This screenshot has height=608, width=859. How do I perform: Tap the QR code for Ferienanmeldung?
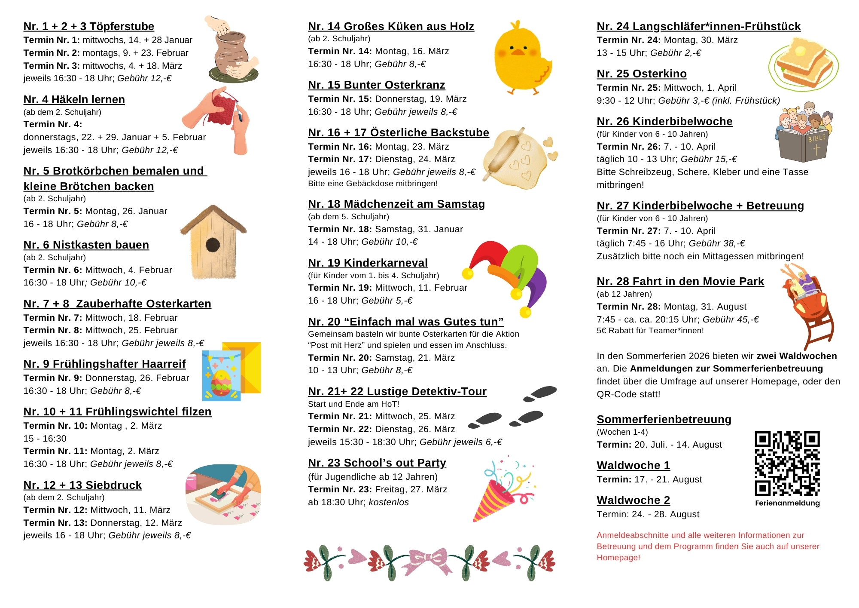(x=787, y=464)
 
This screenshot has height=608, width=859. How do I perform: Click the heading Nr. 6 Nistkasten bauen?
(x=86, y=245)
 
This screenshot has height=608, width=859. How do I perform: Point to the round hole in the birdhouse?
(x=213, y=245)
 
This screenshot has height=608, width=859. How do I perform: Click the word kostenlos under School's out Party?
(x=389, y=502)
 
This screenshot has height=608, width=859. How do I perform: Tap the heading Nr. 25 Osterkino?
(x=642, y=74)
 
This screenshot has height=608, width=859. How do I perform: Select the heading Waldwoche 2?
(x=633, y=501)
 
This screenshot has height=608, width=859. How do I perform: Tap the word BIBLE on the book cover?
(x=816, y=138)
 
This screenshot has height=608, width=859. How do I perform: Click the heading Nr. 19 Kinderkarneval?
(x=368, y=263)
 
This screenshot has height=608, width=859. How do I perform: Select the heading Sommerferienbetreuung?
(x=664, y=420)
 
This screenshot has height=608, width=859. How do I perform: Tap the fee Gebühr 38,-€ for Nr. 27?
(x=717, y=243)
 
